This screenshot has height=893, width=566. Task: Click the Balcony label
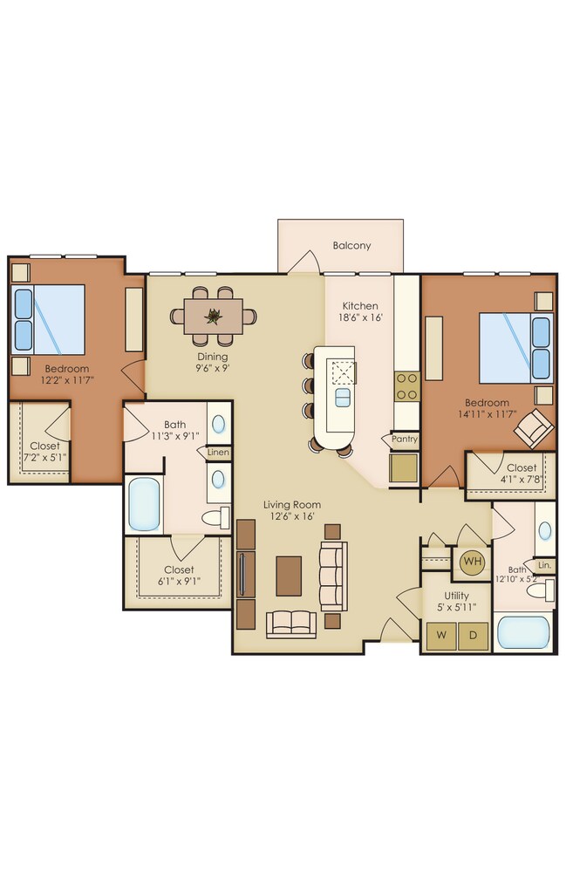pos(351,245)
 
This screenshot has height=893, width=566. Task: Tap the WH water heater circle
pos(472,562)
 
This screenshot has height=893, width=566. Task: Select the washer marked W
pos(442,636)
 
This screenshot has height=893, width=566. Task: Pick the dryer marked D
pos(474,636)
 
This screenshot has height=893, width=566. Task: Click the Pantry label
pos(405,440)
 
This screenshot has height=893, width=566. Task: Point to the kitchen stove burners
pos(407,386)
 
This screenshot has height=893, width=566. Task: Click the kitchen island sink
pos(342,398)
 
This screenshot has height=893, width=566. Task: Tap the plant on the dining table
pos(214,316)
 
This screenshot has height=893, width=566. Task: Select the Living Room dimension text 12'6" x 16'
pos(292,516)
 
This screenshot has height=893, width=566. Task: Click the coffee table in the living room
pos(289,576)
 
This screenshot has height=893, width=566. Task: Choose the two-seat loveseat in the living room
pos(291,624)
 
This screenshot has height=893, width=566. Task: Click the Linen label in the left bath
pos(218,453)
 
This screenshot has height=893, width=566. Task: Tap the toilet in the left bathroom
pos(215,518)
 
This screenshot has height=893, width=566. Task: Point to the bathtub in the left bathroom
pos(144,504)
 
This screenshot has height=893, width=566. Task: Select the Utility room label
pos(457,596)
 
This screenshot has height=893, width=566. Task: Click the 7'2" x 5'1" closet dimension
pos(45,457)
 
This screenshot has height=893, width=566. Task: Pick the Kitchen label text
pos(360,306)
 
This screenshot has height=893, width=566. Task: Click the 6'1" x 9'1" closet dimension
pos(179,582)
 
